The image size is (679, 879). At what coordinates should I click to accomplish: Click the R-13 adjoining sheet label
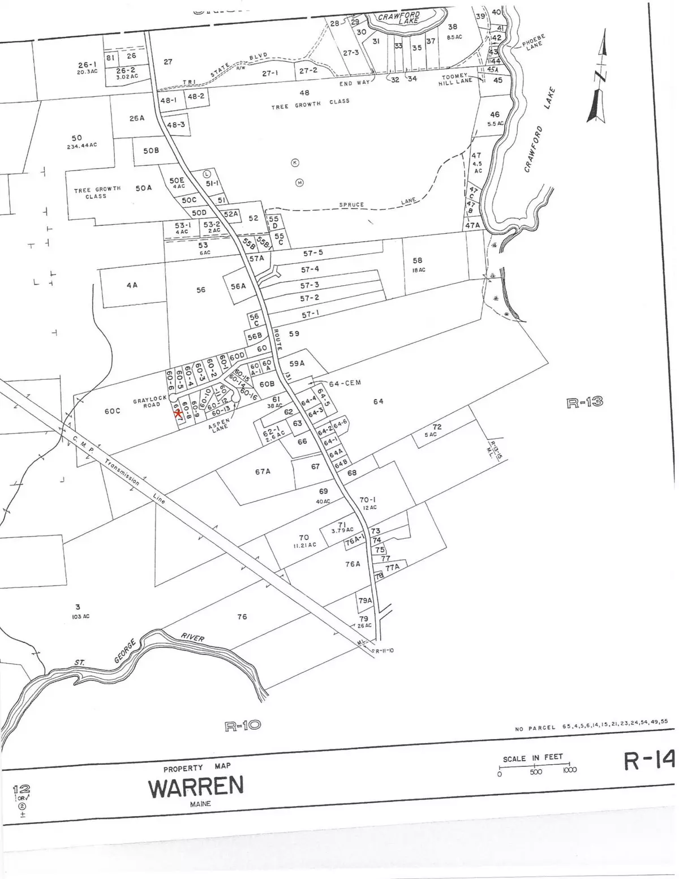[x=584, y=402]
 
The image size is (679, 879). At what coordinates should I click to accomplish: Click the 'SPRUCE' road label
[x=353, y=204]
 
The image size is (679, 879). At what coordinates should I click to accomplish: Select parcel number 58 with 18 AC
[x=418, y=261]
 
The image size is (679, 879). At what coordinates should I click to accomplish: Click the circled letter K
[x=294, y=163]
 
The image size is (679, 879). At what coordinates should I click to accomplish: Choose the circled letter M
[x=299, y=182]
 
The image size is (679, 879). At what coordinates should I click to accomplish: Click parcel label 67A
[x=263, y=471]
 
